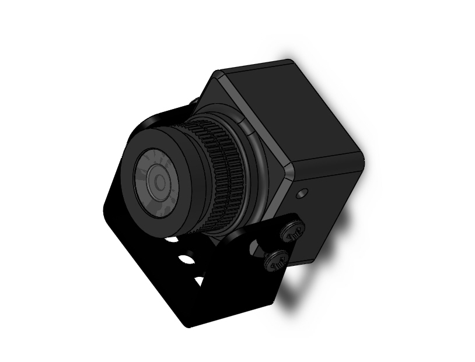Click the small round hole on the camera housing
301,193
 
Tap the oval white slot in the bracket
186,258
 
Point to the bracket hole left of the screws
255,249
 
